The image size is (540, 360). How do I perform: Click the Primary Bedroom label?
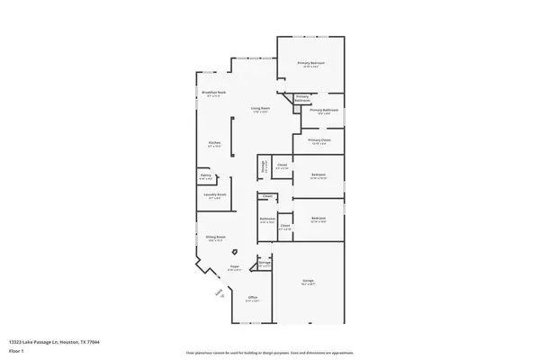pos(312,63)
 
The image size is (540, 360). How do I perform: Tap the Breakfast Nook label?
pos(214,94)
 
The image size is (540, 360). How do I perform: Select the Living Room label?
pos(261,110)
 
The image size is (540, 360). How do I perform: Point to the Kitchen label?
pos(215,143)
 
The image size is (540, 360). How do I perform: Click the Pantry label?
pos(205,175)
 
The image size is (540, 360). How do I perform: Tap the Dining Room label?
pos(215,238)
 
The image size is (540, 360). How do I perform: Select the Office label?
pos(253,298)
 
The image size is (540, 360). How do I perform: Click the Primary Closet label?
pos(319,140)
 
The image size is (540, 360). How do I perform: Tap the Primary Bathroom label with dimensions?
pos(323,111)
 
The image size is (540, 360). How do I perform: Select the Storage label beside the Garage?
pos(264,264)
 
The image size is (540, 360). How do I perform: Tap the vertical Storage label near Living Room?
pos(265,166)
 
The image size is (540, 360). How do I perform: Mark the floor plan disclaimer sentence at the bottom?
pos(270,352)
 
